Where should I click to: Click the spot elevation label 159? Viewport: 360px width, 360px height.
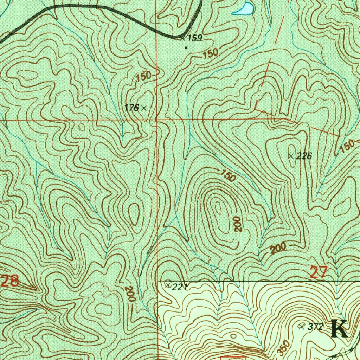195,38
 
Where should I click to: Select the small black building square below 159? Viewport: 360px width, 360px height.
186,47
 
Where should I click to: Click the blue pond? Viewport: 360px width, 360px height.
243,9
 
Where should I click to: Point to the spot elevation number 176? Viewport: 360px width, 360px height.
131,108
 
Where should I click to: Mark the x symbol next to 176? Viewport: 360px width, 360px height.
143,108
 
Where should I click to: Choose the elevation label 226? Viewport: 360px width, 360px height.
304,156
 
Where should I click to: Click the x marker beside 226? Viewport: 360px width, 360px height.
291,156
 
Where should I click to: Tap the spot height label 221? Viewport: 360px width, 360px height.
180,287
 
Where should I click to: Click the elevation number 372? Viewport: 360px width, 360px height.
315,327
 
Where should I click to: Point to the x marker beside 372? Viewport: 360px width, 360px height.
301,326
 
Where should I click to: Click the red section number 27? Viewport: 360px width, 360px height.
319,273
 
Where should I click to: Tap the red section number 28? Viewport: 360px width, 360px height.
9,281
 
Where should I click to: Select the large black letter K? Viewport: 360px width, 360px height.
339,329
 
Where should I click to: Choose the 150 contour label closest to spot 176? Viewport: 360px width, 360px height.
144,77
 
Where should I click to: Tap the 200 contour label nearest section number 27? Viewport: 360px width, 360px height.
278,249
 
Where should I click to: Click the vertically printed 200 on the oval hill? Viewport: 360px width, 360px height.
238,224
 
